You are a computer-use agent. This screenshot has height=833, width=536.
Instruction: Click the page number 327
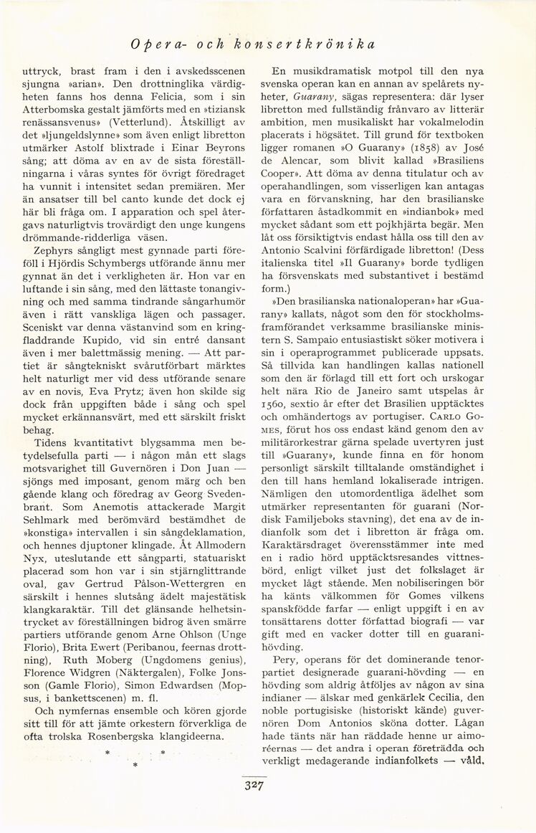pos(255,784)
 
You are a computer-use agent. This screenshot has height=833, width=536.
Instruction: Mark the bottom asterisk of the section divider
pos(134,766)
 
